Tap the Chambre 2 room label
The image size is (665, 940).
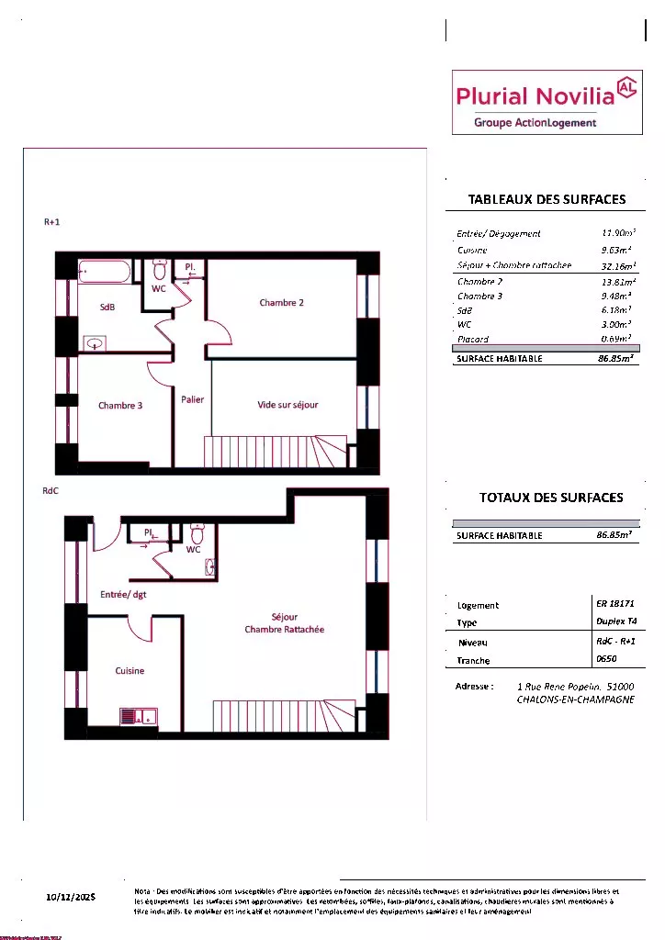click(281, 303)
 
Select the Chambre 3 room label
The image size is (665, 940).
click(120, 405)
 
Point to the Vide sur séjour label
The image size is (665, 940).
click(287, 405)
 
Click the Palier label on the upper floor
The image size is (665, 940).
click(192, 399)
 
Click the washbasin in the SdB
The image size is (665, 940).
click(95, 343)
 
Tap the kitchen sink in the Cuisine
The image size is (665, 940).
click(139, 716)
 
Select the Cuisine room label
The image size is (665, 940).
click(130, 671)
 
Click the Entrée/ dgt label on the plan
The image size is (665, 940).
click(123, 595)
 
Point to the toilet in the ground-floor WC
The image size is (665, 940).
click(197, 533)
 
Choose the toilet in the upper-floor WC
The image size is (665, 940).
click(159, 270)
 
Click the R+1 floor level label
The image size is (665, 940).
click(51, 222)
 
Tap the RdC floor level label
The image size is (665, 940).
click(51, 491)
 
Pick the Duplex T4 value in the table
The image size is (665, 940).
click(615, 622)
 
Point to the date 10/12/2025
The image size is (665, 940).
click(71, 896)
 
